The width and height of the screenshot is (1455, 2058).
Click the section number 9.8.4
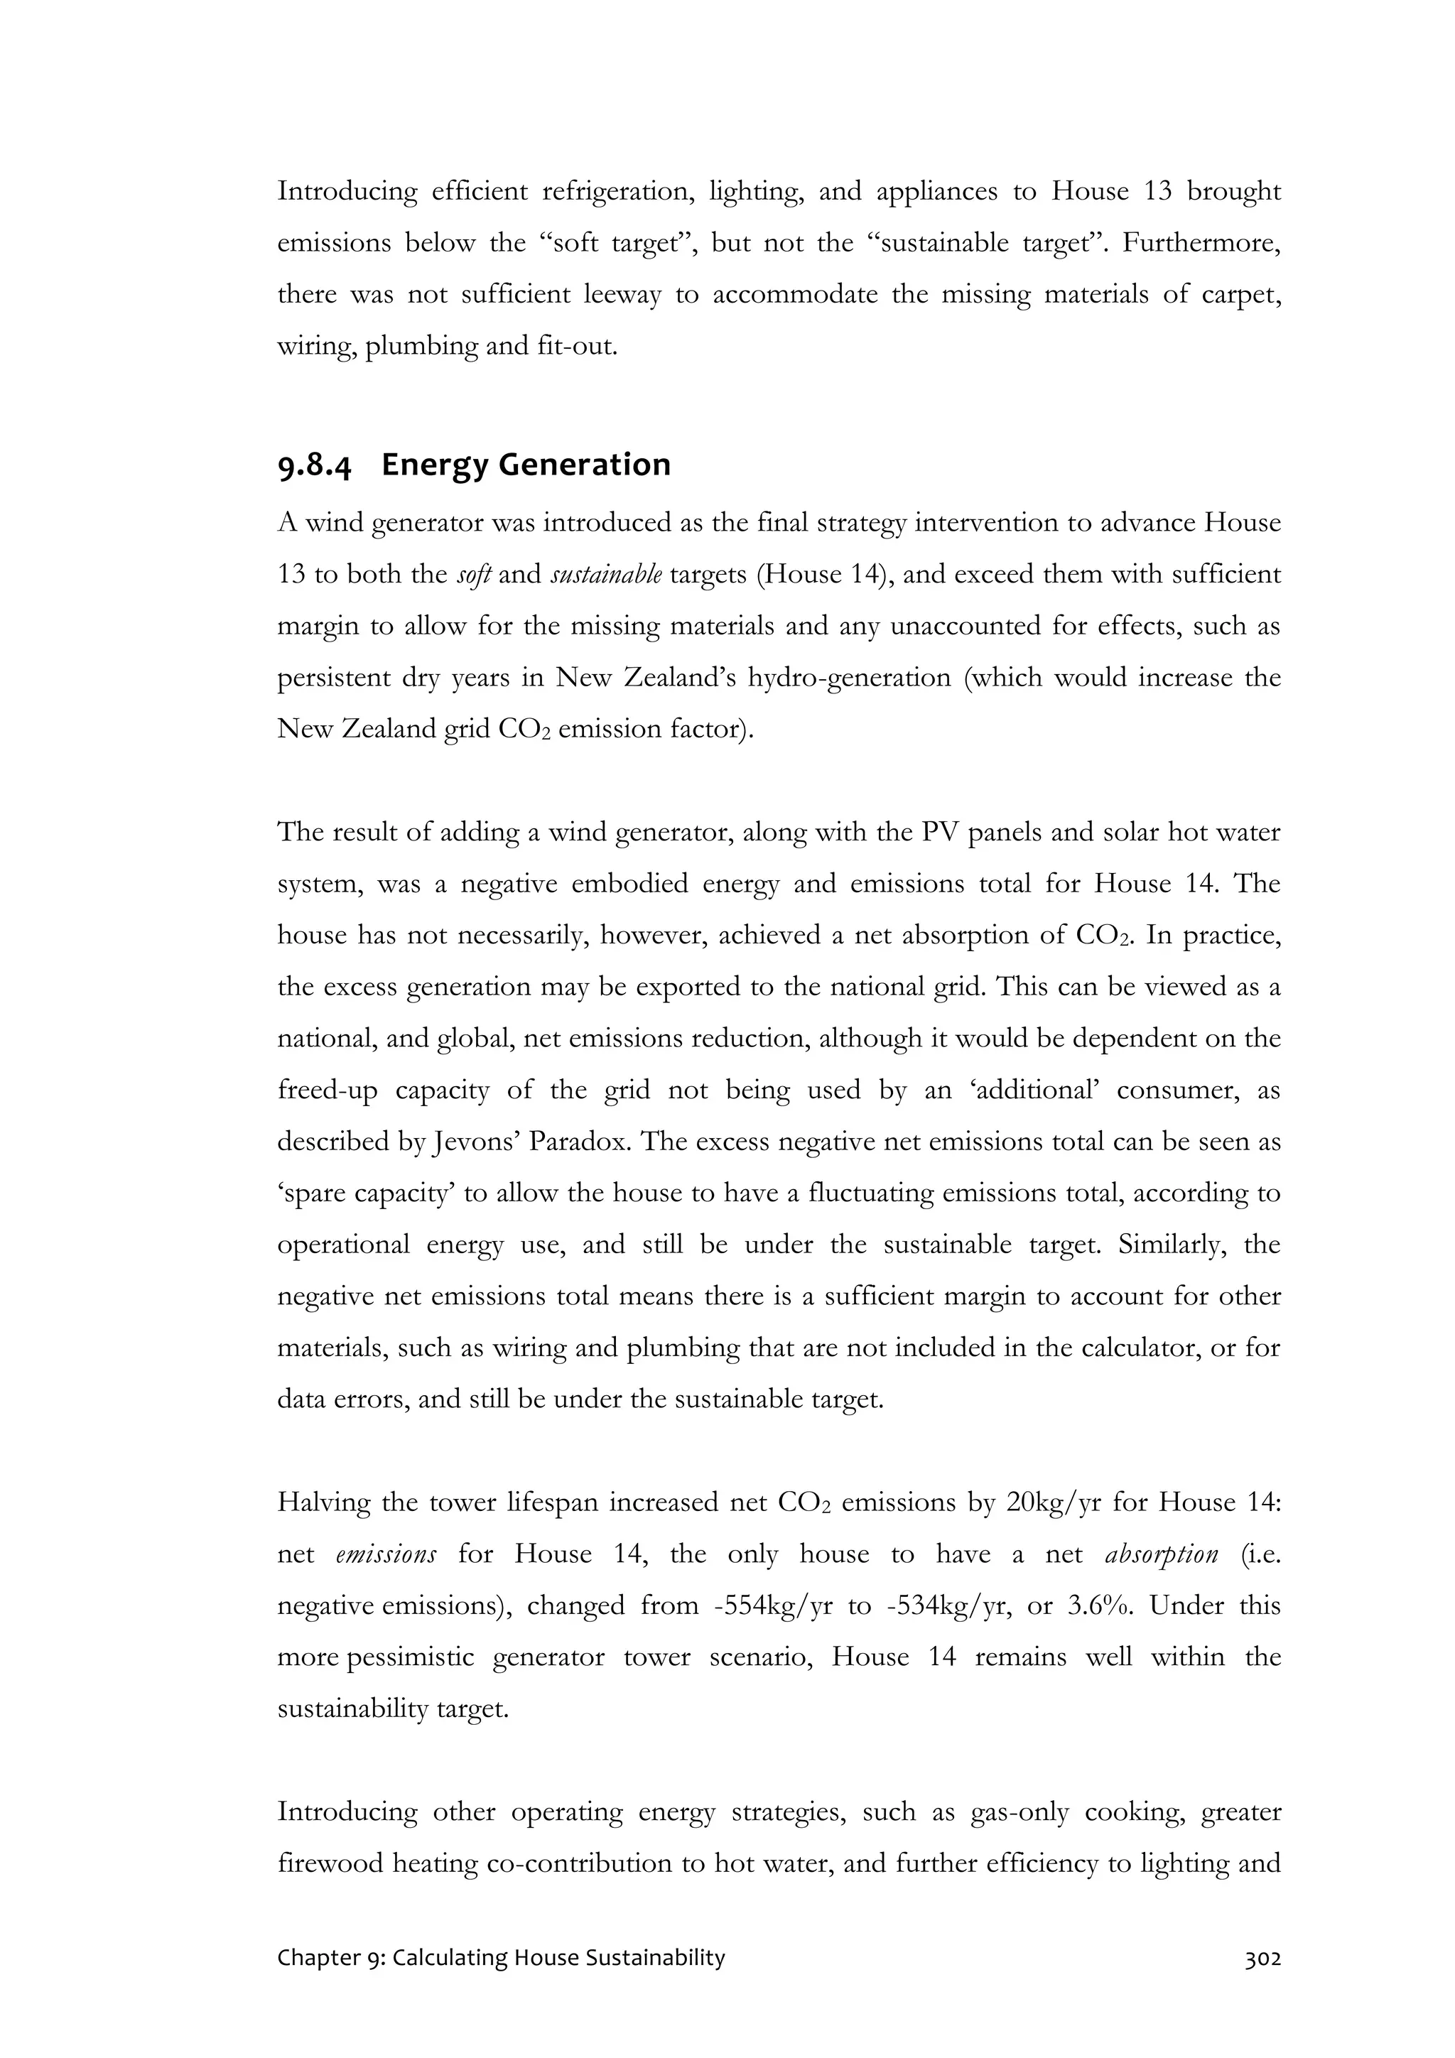point(314,465)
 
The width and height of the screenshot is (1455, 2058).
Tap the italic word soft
point(473,575)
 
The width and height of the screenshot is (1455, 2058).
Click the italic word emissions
point(386,1554)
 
